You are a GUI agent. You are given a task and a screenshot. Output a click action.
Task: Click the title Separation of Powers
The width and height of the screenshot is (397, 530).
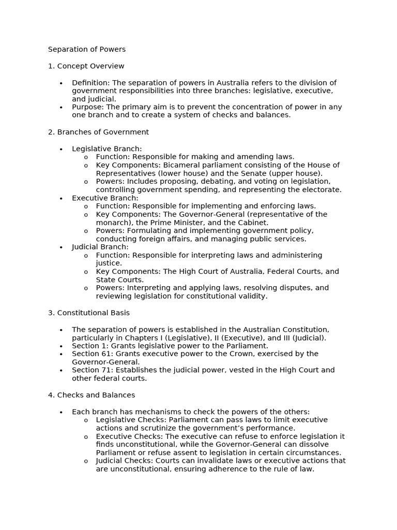tap(87, 50)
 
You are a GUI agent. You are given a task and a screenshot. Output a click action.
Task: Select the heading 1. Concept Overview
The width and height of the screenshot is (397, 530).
tap(86, 66)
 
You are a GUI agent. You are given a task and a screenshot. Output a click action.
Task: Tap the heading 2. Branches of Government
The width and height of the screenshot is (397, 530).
tap(98, 132)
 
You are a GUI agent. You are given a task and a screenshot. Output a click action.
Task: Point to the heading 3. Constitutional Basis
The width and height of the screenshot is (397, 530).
tap(89, 313)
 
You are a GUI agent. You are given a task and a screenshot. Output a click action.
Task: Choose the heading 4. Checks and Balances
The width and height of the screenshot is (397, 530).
tap(91, 395)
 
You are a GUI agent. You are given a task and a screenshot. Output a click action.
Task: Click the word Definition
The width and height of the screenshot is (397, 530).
tap(90, 83)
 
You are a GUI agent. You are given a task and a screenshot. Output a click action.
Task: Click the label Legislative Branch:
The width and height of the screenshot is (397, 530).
tap(106, 149)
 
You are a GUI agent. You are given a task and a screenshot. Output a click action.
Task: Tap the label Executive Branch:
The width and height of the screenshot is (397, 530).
tap(105, 198)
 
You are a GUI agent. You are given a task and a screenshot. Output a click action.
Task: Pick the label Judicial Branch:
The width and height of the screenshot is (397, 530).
tap(100, 247)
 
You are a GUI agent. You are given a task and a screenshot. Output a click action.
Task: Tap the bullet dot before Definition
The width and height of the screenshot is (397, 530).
tap(61, 83)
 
